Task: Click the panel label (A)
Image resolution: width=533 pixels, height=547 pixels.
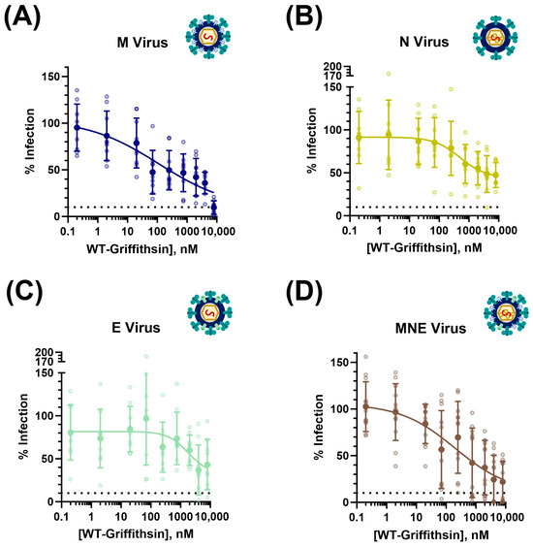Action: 25,16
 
